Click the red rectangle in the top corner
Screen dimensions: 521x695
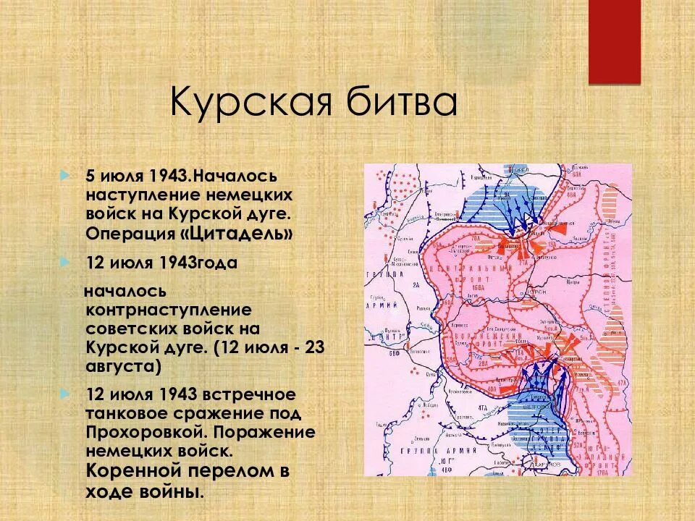pos(614,41)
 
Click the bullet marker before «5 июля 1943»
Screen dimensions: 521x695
pos(67,176)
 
